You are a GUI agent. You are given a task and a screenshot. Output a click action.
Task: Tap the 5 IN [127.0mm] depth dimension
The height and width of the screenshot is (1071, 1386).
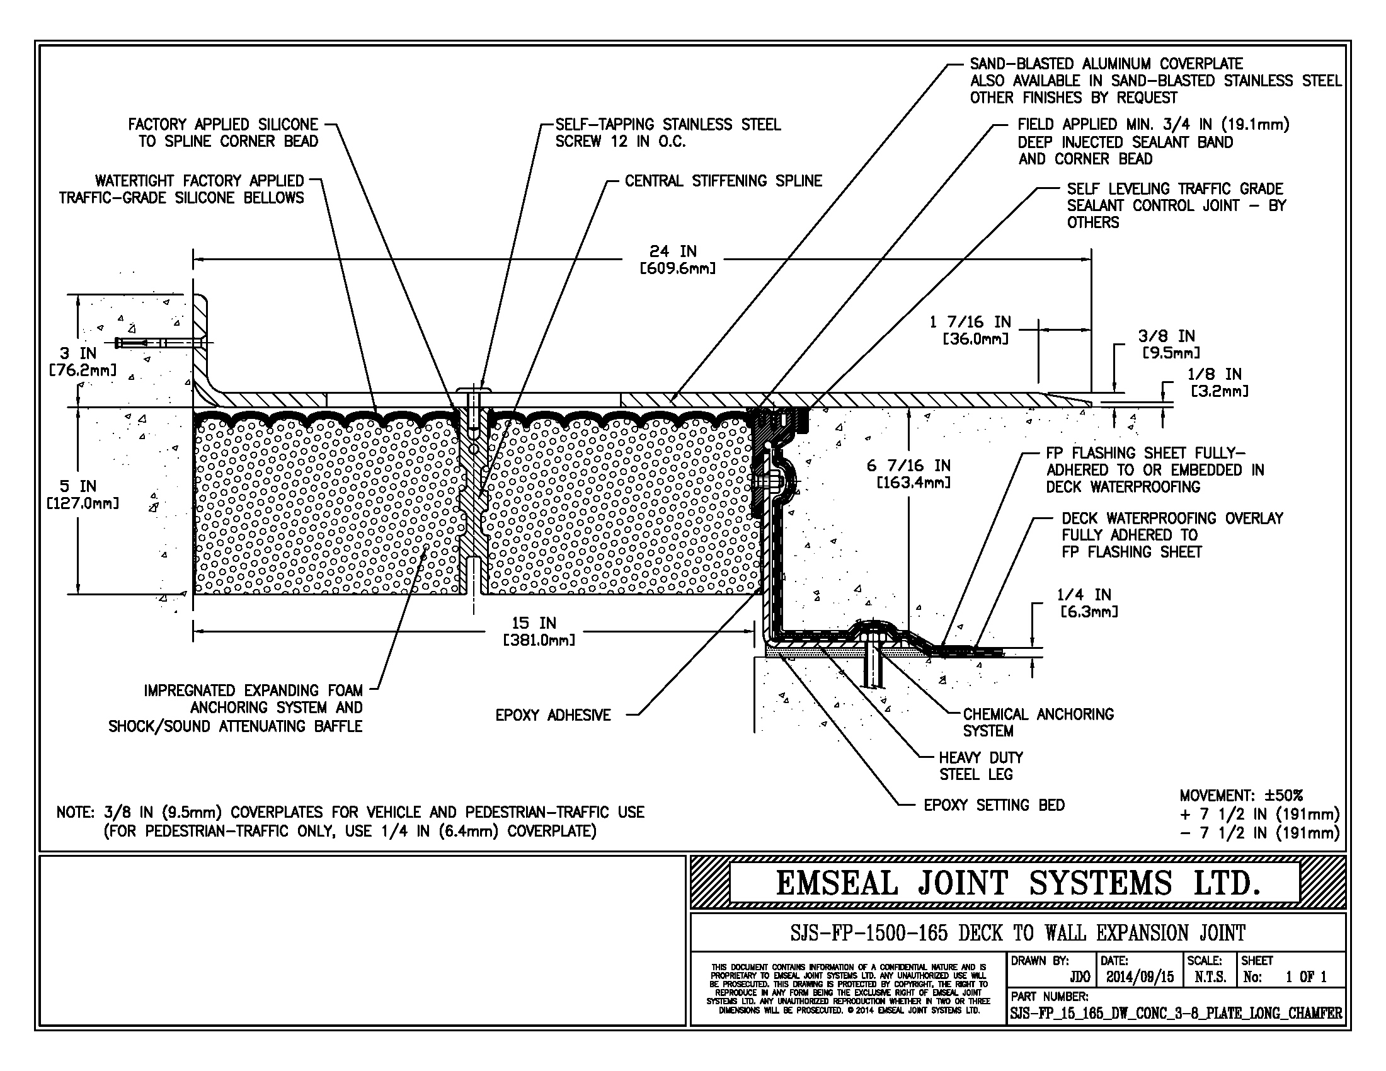[x=81, y=495]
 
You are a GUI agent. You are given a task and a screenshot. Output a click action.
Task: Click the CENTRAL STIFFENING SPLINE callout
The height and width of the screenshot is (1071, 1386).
[x=723, y=181]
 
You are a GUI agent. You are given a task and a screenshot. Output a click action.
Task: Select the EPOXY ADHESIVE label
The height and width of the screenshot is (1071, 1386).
[x=553, y=715]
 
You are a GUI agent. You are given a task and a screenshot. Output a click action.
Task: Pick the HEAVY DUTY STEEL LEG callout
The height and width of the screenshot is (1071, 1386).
[x=980, y=765]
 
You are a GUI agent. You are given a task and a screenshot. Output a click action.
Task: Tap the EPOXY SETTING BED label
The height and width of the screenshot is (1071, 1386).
[x=994, y=805]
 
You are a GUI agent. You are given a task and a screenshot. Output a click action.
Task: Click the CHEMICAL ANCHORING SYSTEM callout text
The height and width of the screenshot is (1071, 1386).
[x=1038, y=722]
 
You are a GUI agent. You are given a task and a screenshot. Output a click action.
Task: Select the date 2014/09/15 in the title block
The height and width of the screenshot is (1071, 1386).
[x=1140, y=977]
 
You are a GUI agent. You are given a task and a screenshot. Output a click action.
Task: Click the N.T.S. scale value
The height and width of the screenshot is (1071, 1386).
[x=1210, y=977]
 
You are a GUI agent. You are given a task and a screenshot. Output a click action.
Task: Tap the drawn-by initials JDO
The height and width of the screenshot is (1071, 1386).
[x=1079, y=977]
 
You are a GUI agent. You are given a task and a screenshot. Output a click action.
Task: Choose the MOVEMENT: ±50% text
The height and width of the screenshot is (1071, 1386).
[x=1240, y=795]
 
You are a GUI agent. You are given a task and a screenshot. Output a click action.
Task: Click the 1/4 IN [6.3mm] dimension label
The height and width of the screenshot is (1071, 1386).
[x=1088, y=603]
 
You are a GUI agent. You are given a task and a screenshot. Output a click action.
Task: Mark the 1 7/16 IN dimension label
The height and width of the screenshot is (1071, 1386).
[x=970, y=330]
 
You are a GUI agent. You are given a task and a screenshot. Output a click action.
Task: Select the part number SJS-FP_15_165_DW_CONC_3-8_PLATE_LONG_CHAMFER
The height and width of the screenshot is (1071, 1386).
[x=1176, y=1013]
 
